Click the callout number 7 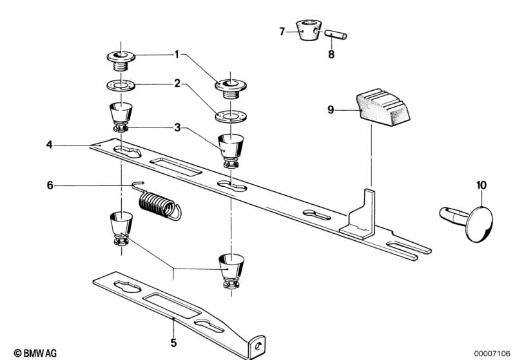282,32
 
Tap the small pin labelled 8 336,35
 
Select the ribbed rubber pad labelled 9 383,108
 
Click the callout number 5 173,343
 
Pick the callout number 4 49,145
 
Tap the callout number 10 481,185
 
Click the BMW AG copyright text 35,353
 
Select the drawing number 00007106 492,354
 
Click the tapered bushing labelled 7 309,30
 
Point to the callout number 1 177,55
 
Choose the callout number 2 177,84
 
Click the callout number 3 177,128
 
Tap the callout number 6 50,185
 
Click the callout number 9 331,109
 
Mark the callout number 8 331,54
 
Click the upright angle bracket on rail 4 359,216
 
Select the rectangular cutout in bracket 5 173,305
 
